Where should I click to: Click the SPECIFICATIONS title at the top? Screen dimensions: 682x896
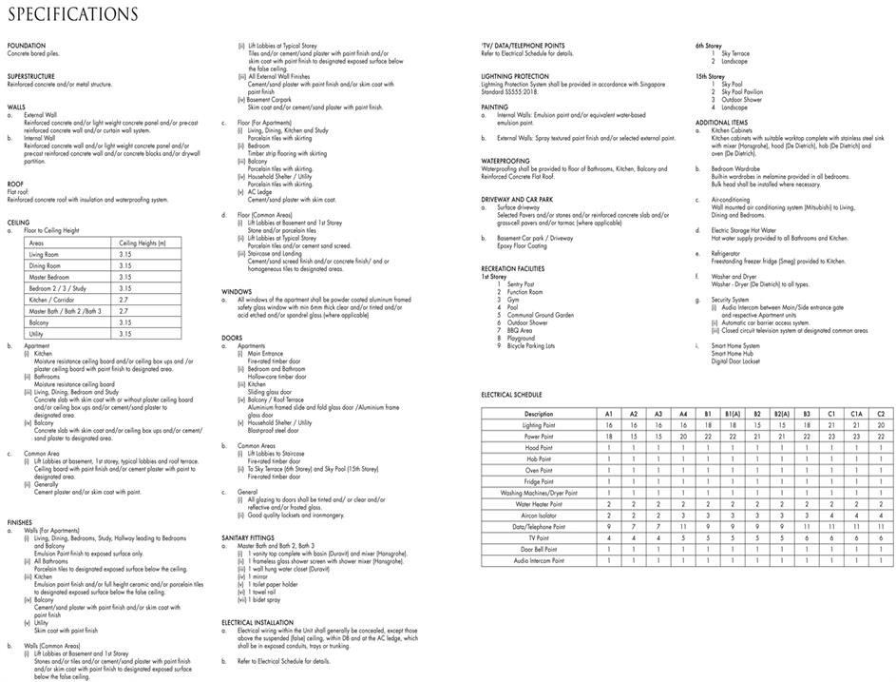(72, 15)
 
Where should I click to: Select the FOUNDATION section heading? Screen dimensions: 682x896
(26, 46)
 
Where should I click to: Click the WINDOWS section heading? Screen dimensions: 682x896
(237, 291)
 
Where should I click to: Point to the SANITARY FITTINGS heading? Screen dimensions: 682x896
(254, 538)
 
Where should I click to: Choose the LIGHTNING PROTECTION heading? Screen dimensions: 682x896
(515, 76)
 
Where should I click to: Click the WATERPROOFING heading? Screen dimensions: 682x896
(505, 162)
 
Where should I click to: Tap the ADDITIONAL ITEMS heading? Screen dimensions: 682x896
(721, 122)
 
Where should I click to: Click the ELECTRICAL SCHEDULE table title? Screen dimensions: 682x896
(512, 394)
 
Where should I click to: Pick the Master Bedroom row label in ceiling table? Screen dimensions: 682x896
(52, 277)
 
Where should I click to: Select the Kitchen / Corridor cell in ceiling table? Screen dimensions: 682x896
(55, 300)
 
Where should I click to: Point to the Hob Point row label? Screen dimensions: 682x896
(539, 458)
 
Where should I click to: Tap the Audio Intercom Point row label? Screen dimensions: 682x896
(539, 561)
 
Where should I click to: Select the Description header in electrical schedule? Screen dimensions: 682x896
(539, 414)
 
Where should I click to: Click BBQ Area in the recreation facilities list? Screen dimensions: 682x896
(520, 330)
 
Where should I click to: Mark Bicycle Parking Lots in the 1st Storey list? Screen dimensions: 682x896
(531, 345)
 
